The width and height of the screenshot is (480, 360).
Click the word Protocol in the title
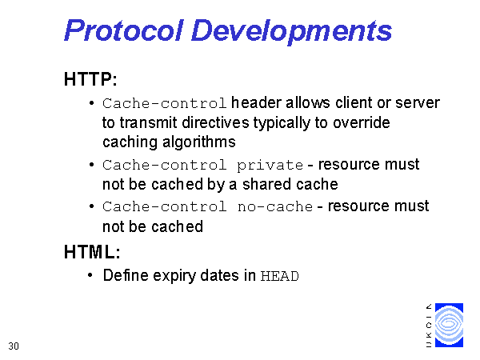tap(124, 30)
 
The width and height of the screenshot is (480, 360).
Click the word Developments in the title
tap(291, 32)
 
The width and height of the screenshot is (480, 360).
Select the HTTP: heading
tap(90, 79)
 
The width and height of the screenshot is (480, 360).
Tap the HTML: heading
tap(92, 252)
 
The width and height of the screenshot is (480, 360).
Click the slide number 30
tap(14, 346)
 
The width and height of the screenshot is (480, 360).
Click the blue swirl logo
tap(449, 325)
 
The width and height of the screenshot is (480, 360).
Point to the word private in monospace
tap(270, 166)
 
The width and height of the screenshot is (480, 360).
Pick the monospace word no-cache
tap(275, 207)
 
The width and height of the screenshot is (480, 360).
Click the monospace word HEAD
tap(279, 276)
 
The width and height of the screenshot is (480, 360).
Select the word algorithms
tap(199, 142)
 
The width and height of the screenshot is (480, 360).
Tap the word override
tap(362, 122)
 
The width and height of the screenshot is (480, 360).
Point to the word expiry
tap(174, 276)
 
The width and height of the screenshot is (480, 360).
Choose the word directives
tap(215, 122)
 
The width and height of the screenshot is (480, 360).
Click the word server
tap(418, 103)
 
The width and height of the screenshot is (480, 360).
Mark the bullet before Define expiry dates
tap(90, 275)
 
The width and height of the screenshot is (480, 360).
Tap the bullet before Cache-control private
tap(91, 165)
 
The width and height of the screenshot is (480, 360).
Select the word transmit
tap(148, 122)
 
